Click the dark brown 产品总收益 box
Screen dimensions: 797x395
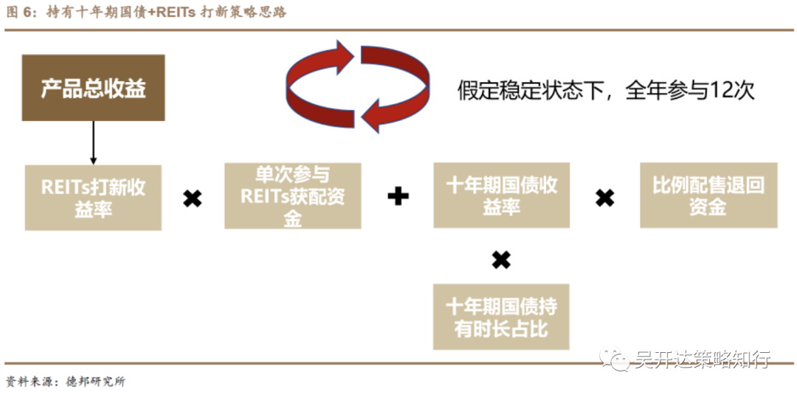pos(93,88)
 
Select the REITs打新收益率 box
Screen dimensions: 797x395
pos(93,197)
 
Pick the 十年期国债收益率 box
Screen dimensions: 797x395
pos(501,196)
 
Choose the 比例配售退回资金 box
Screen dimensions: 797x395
pos(708,196)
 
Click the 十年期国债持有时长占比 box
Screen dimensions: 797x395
pos(501,317)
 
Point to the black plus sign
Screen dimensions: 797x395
pos(398,196)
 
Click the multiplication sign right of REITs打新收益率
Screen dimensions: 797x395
pos(193,198)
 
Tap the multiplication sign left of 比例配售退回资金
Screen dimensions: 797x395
pos(604,197)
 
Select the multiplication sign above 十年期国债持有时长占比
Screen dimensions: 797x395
pos(501,260)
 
